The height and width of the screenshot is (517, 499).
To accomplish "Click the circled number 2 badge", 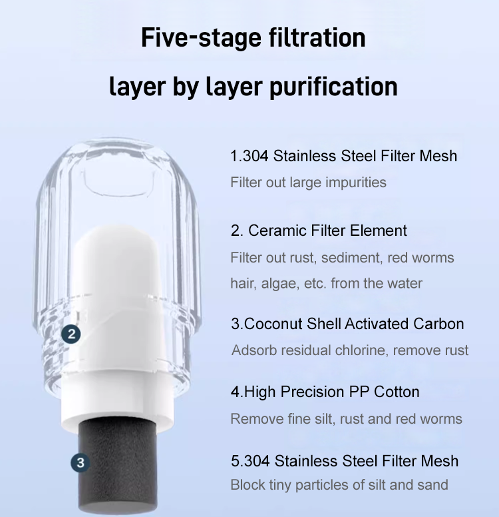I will pos(72,334).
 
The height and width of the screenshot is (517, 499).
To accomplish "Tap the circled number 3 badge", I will pos(80,462).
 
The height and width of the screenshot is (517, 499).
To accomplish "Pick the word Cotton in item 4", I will pos(397,392).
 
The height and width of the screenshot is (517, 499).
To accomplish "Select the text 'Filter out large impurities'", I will pos(308,182).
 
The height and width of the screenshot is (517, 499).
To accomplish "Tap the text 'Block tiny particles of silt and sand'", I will pos(339,485).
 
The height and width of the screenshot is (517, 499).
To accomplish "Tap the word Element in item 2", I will pos(379,231).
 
